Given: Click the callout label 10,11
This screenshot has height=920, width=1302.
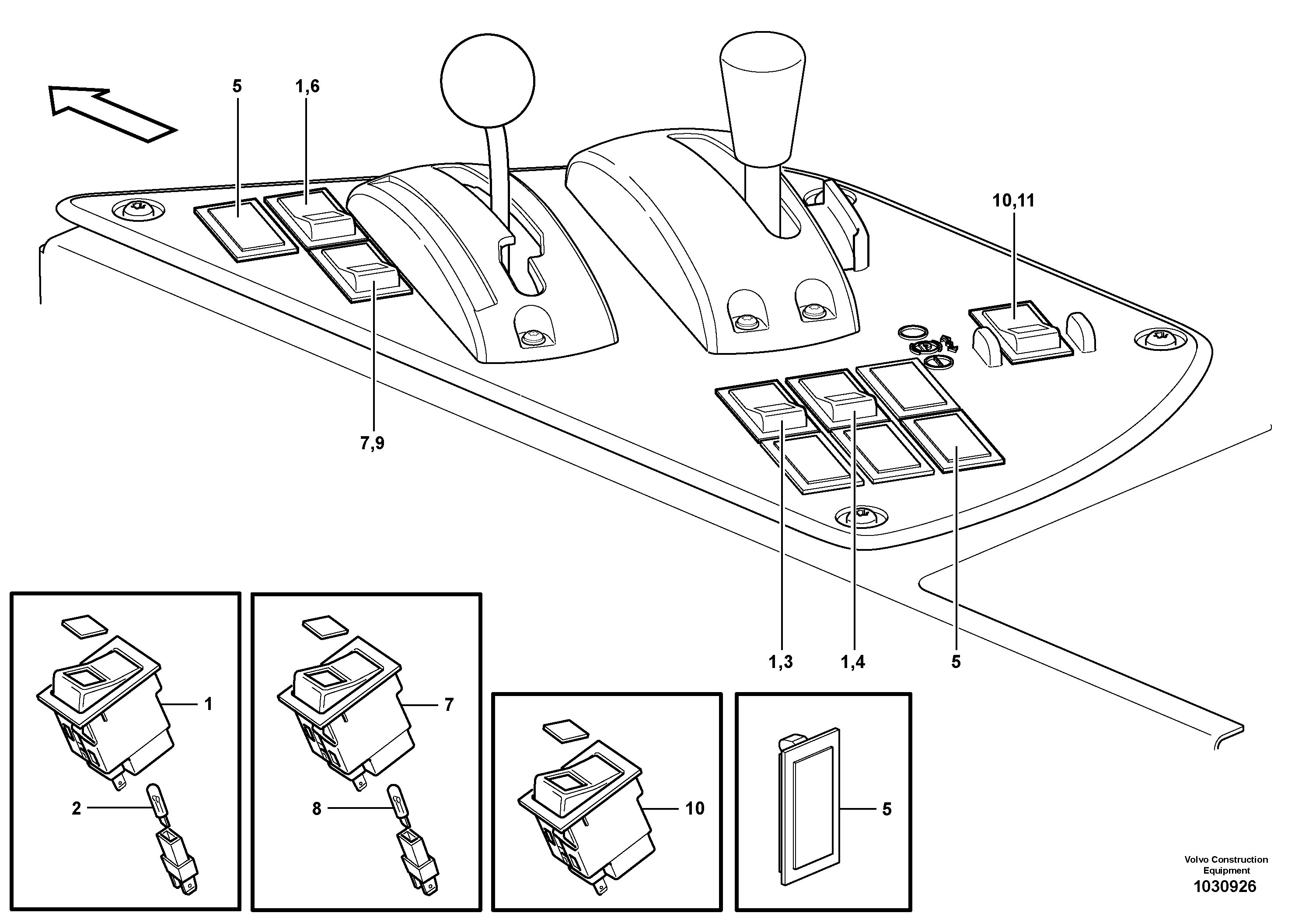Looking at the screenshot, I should [x=1013, y=201].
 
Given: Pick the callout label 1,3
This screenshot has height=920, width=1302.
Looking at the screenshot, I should [x=780, y=661].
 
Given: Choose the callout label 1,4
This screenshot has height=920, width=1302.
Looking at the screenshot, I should [x=853, y=661].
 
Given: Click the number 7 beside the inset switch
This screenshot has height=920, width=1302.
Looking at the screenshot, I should [x=449, y=705].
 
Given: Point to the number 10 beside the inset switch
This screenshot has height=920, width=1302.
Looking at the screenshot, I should [x=695, y=808].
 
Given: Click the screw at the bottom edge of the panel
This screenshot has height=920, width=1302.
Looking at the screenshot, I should [x=861, y=516].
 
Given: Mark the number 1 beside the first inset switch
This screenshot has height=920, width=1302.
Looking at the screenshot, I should [x=208, y=704].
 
